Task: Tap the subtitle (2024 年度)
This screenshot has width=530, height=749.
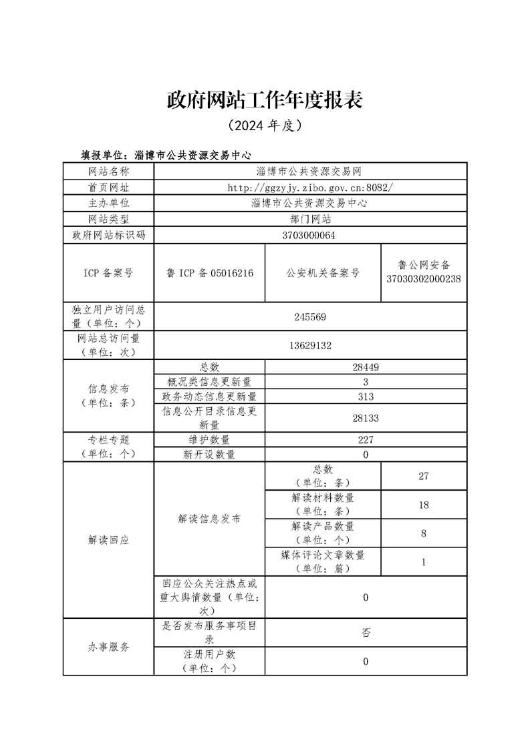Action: [265, 125]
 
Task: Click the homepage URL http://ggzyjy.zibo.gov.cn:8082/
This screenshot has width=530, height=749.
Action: [309, 188]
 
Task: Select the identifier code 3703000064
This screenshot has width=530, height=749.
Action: [309, 235]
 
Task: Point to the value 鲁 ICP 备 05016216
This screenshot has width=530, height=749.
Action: [209, 272]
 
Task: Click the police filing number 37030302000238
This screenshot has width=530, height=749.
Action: [424, 279]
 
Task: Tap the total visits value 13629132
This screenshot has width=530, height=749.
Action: [309, 346]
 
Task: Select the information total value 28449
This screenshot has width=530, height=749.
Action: [366, 366]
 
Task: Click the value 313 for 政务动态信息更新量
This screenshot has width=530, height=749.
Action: [366, 397]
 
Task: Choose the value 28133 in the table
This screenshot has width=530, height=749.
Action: [366, 417]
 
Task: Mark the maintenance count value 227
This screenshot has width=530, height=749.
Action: [366, 440]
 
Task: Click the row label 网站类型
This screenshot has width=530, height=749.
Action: [108, 219]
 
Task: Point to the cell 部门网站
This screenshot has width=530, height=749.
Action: [309, 219]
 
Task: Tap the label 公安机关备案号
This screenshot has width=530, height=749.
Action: [323, 272]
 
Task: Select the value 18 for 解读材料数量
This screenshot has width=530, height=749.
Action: [424, 505]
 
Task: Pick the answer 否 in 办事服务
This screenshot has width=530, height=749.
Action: [366, 632]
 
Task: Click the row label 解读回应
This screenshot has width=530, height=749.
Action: [108, 539]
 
